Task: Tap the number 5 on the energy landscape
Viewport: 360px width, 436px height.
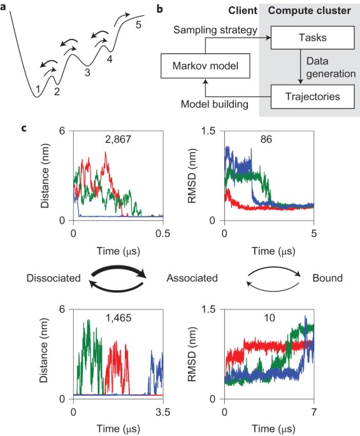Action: click(x=138, y=25)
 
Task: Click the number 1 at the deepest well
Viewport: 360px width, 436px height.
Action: click(x=38, y=89)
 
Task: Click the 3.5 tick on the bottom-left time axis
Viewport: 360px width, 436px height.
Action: click(x=162, y=411)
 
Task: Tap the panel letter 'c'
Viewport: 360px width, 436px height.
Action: click(x=24, y=128)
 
